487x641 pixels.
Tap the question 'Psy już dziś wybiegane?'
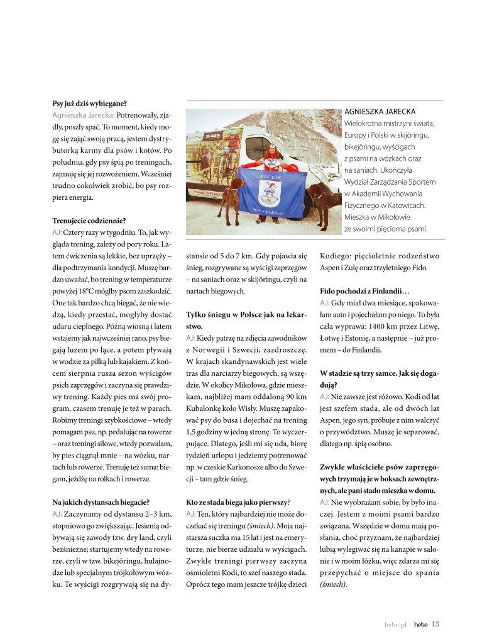click(89, 103)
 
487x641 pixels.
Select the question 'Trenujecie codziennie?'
click(89, 221)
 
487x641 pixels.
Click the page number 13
click(435, 623)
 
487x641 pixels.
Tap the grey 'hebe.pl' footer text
click(396, 624)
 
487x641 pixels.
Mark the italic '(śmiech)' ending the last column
click(333, 584)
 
